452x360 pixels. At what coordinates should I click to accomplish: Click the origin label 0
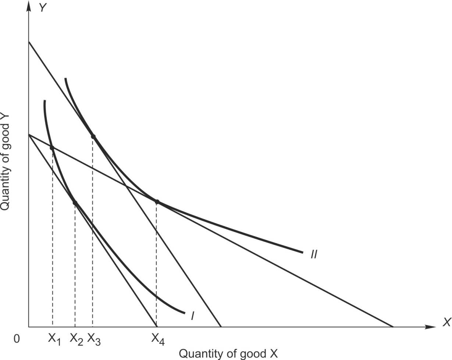click(x=16, y=339)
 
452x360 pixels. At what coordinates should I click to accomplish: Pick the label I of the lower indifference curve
click(x=192, y=316)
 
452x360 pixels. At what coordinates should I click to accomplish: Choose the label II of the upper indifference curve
click(x=313, y=254)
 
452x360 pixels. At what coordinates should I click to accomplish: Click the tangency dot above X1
click(x=52, y=148)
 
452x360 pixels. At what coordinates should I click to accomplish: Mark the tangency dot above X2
click(x=75, y=203)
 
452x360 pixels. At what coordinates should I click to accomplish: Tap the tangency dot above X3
click(x=93, y=136)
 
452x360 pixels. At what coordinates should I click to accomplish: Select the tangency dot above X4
click(x=157, y=202)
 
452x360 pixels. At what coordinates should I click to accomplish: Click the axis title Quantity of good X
click(x=228, y=353)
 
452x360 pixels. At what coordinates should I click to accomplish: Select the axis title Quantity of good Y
click(x=5, y=162)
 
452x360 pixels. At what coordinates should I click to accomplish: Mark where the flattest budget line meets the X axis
click(x=393, y=327)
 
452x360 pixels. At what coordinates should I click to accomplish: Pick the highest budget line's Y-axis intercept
click(x=28, y=42)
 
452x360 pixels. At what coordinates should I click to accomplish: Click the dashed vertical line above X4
click(x=157, y=265)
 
